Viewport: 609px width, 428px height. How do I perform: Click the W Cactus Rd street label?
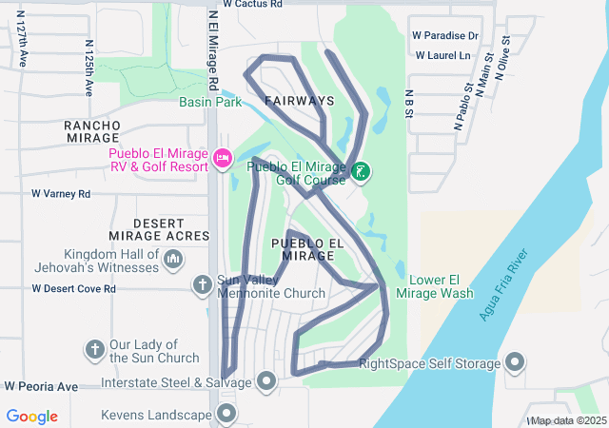(252, 4)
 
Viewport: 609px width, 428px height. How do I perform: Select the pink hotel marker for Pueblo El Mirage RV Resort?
(223, 158)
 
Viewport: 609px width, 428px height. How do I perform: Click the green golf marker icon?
(361, 172)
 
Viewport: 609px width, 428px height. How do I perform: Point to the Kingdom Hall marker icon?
(173, 259)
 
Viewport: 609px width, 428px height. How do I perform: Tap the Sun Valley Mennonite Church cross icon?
(202, 284)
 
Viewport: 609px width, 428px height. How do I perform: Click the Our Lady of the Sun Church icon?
(94, 350)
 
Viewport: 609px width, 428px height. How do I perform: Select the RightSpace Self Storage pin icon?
(515, 362)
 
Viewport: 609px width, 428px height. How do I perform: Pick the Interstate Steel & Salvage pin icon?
(265, 382)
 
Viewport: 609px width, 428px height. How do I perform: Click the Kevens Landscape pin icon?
(226, 414)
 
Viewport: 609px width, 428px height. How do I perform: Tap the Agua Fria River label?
(503, 286)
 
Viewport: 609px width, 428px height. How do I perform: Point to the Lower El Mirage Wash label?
(441, 286)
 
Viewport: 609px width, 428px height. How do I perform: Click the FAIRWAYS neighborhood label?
(299, 101)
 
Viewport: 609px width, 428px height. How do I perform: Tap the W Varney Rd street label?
(61, 193)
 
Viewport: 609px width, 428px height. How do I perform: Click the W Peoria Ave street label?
(41, 387)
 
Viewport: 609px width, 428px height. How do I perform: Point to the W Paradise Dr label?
(444, 36)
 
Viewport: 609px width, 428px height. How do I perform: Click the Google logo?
(32, 417)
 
